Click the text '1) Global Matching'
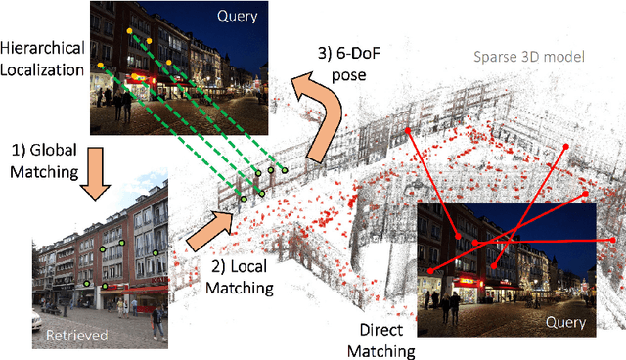point(44,161)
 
